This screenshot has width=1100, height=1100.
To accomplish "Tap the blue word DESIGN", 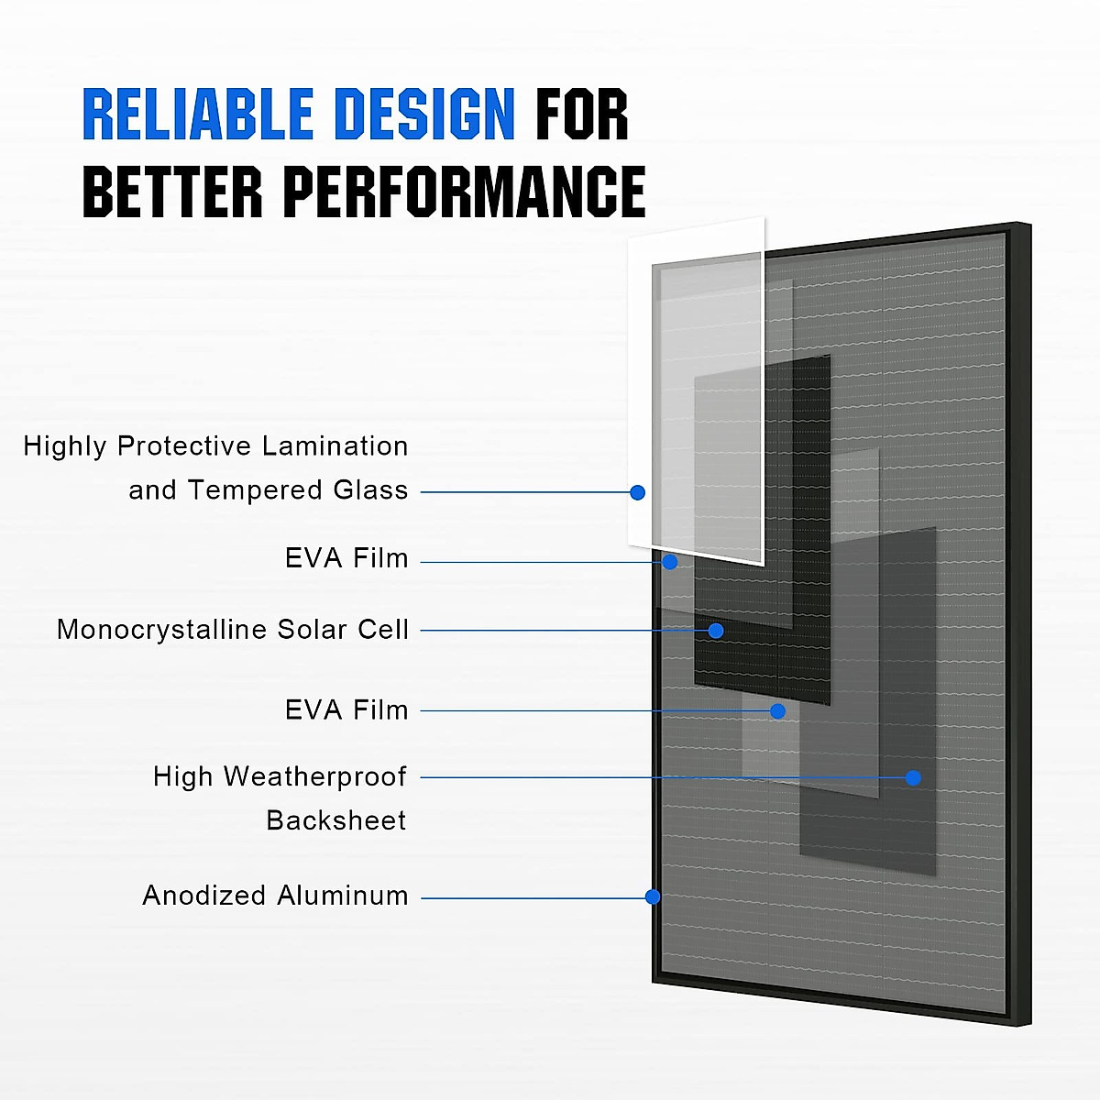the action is (423, 115).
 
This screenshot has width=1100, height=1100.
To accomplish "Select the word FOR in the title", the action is (582, 115).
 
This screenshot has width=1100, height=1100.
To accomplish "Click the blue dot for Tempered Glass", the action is (638, 492).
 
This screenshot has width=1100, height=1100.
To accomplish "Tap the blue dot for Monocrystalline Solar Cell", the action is (716, 631).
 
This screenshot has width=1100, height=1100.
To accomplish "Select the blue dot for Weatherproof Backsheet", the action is (913, 777).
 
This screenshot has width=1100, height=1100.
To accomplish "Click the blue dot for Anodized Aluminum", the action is (653, 896).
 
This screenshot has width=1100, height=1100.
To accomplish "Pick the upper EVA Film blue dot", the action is (670, 562).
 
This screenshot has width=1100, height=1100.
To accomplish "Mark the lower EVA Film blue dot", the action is (777, 710).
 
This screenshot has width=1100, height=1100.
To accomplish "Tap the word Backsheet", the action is (335, 820).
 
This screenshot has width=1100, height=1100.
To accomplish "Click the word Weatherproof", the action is (314, 776).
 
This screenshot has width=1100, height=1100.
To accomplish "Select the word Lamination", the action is (335, 446).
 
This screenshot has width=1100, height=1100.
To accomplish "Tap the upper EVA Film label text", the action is (346, 558).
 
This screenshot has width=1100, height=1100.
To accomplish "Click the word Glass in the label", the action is (370, 490).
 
